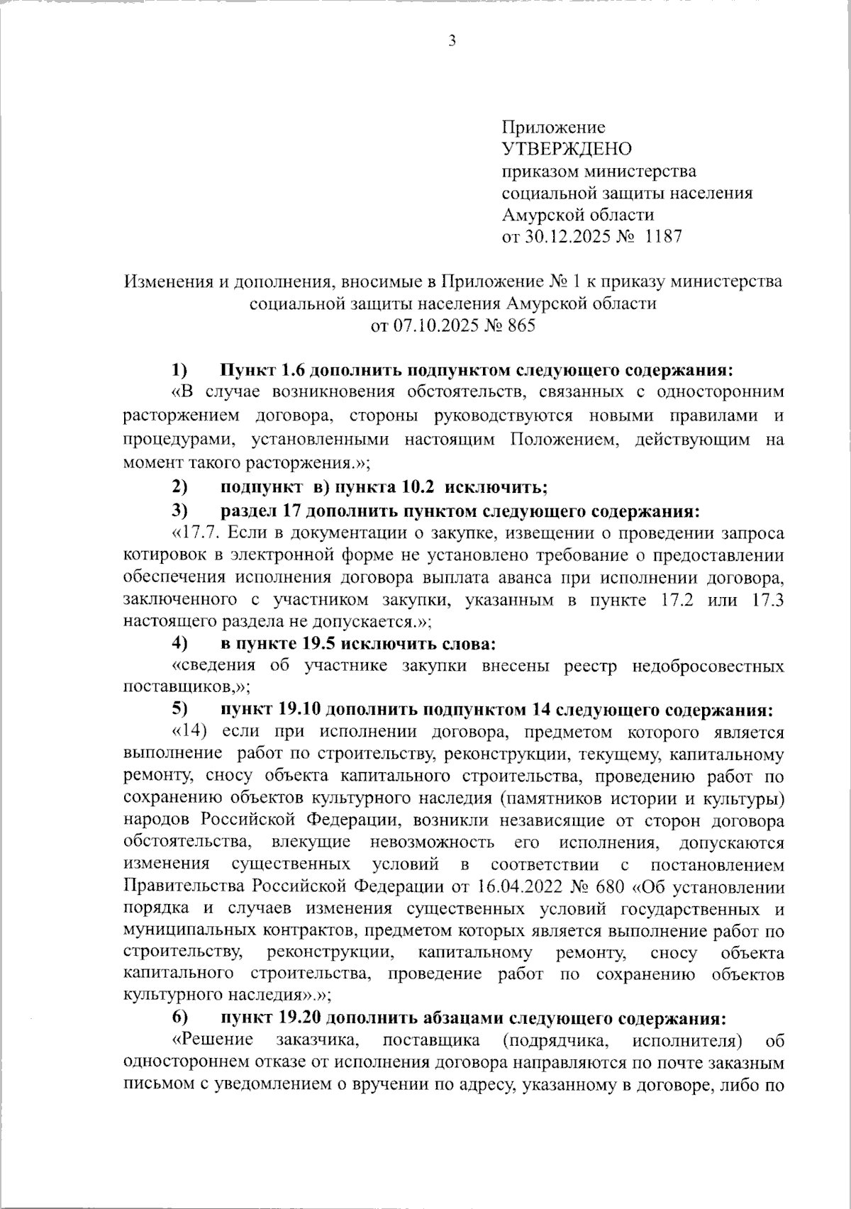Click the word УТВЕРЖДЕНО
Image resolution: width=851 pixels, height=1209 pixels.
566,150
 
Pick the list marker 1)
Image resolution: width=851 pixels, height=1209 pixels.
179,370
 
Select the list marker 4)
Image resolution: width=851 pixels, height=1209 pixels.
179,644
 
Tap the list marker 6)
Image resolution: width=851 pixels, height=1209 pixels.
179,1018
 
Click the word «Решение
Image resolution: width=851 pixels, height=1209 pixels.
213,1041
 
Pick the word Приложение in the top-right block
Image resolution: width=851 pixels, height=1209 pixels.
553,128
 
